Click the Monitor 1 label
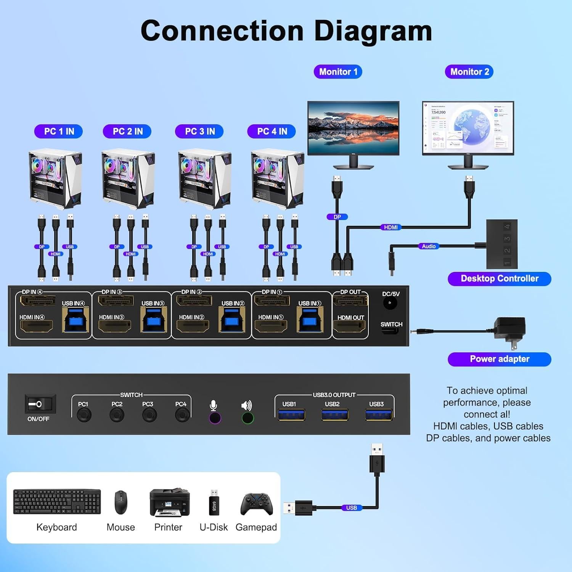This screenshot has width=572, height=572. (x=338, y=72)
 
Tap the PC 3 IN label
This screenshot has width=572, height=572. (x=199, y=132)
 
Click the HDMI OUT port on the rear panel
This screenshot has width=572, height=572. (x=349, y=326)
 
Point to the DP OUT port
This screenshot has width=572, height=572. (x=350, y=301)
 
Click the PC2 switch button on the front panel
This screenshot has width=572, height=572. (x=117, y=415)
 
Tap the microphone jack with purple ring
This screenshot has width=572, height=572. (x=215, y=418)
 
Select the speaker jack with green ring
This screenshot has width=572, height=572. (x=247, y=418)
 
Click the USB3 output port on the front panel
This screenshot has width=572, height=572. (x=379, y=415)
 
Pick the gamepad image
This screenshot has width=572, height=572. (x=257, y=504)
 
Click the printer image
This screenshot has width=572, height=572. (x=169, y=503)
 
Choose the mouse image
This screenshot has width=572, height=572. (x=121, y=502)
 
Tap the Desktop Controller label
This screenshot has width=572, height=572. (x=499, y=279)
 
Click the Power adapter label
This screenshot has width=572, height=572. (x=499, y=359)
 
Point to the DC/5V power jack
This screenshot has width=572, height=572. (x=390, y=303)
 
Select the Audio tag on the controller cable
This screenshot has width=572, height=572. (x=429, y=246)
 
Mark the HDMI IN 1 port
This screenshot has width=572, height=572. (x=270, y=326)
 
